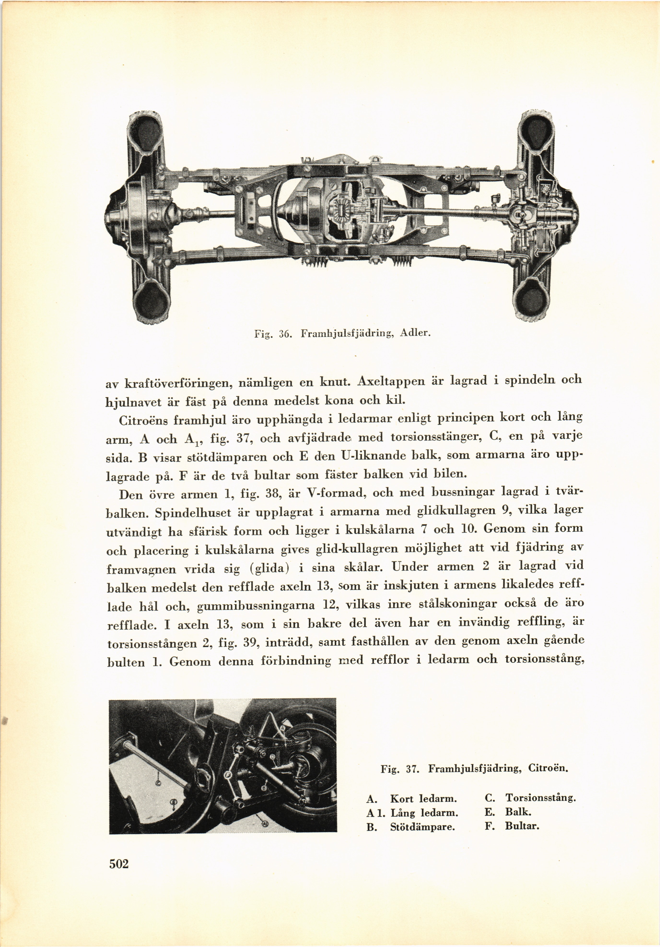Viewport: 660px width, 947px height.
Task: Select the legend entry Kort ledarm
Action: tap(424, 799)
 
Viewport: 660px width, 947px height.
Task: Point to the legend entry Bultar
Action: tap(522, 826)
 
